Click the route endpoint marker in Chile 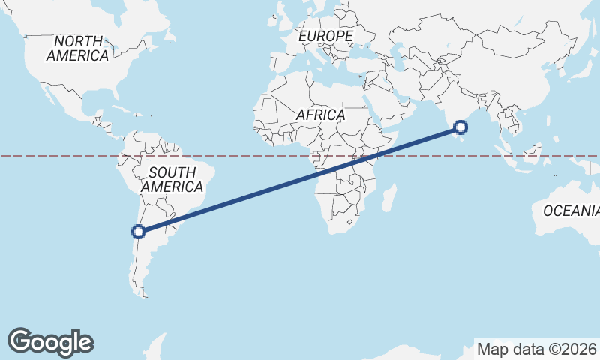point(139,231)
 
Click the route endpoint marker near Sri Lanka point(460,129)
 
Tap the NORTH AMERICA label point(77,48)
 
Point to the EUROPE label point(325,36)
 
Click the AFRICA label point(320,115)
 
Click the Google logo point(50,341)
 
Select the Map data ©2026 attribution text point(537,349)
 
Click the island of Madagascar point(388,196)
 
